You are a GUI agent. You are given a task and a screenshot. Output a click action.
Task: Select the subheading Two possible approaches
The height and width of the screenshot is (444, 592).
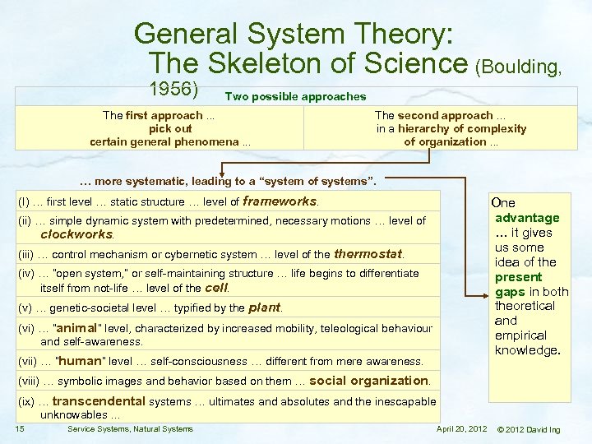pos(295,97)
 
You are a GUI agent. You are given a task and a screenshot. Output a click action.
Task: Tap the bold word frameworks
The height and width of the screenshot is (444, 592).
pos(280,201)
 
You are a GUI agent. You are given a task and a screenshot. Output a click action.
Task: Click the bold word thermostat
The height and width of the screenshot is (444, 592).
pos(368,253)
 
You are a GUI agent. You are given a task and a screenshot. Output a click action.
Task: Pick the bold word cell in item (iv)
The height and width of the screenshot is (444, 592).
pos(216,288)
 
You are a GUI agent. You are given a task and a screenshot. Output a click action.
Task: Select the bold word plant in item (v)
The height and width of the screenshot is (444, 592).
pos(264,308)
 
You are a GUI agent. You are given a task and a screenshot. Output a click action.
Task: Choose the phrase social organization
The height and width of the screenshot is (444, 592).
pos(368,381)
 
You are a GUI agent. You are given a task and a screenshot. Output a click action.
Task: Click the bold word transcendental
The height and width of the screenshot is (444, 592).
pos(98,401)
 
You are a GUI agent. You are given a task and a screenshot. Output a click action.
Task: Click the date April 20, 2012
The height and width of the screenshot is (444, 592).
pos(461,429)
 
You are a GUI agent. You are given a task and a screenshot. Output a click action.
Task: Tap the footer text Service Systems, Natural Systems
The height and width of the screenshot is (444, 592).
pos(130,429)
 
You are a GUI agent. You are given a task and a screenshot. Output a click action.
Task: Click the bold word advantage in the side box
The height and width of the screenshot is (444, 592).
pos(526,218)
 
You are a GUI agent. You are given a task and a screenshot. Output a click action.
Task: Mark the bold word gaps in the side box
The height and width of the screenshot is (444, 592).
pos(510,292)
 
